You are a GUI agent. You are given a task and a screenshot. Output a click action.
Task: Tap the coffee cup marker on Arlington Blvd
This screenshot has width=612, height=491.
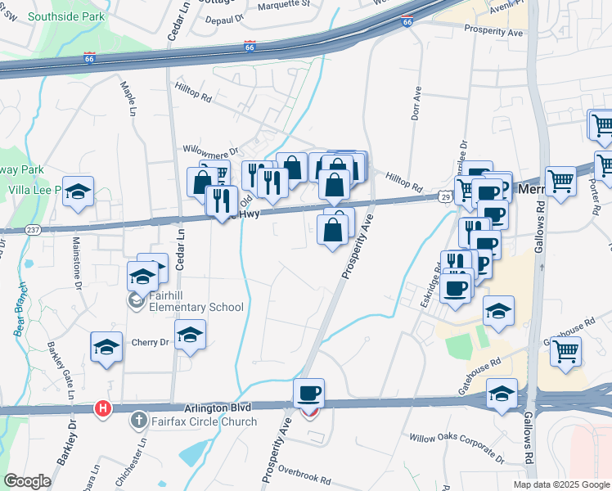pos(308,394)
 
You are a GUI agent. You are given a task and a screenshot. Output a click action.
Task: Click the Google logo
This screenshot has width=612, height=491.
pos(27,481)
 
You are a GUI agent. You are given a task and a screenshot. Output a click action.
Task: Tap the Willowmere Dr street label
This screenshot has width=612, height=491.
pos(210,151)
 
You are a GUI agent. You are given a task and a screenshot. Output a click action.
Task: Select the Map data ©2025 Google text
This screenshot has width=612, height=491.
pos(560,484)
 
